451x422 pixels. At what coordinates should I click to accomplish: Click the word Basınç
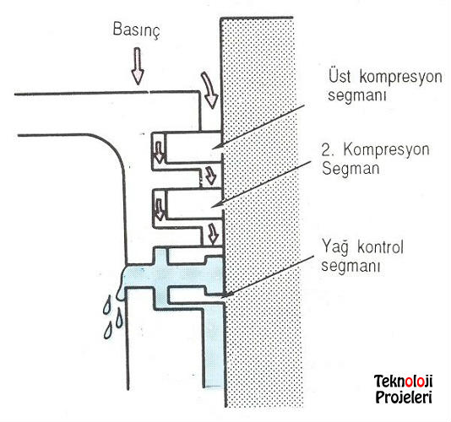[x=136, y=30]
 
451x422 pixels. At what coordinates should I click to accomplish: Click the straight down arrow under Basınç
[x=138, y=66]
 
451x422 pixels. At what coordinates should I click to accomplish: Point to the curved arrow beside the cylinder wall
[x=209, y=90]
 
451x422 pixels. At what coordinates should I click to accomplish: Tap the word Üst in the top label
[x=340, y=76]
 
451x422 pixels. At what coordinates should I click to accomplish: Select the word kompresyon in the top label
[x=400, y=78]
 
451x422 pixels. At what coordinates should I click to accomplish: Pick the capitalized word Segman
[x=350, y=168]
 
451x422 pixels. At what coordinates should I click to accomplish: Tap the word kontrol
[x=380, y=247]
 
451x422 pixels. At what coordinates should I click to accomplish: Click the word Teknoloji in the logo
[x=403, y=381]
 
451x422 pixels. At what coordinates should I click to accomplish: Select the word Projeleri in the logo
[x=404, y=398]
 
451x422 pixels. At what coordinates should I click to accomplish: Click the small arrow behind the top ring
[x=159, y=152]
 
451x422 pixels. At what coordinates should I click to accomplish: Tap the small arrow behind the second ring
[x=159, y=209]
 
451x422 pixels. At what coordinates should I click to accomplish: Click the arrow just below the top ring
[x=210, y=175]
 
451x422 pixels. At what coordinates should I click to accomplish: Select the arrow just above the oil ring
[x=213, y=234]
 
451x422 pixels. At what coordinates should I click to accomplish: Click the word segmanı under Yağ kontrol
[x=350, y=266]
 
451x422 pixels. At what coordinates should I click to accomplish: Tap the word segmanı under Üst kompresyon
[x=356, y=95]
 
